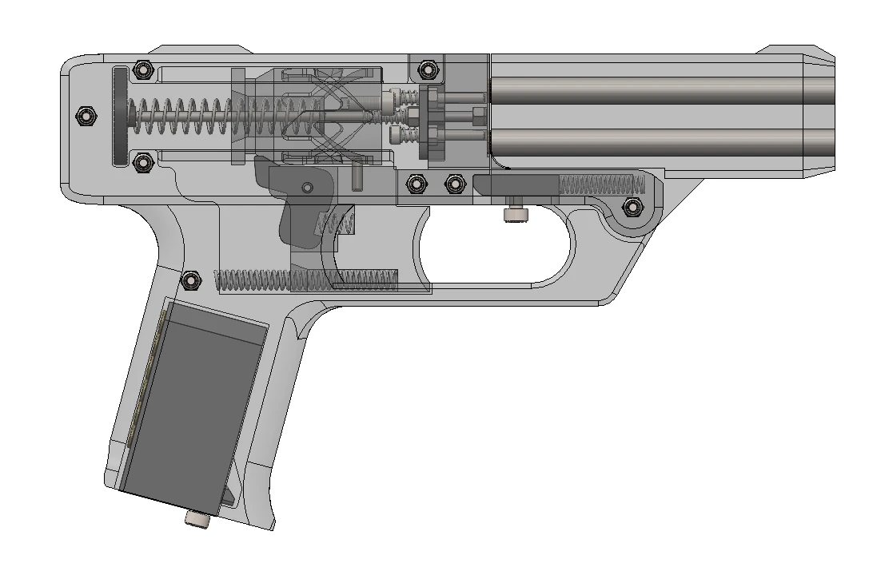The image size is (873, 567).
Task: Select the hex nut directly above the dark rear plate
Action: click(x=143, y=69)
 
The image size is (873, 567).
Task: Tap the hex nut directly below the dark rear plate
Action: click(x=143, y=163)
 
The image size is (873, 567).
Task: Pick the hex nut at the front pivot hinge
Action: click(x=632, y=208)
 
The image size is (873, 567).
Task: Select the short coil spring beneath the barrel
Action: click(x=600, y=185)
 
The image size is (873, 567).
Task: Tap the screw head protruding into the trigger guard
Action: click(x=516, y=214)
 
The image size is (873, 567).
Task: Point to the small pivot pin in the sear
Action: click(x=307, y=187)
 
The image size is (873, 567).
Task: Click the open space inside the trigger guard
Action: click(x=496, y=248)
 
